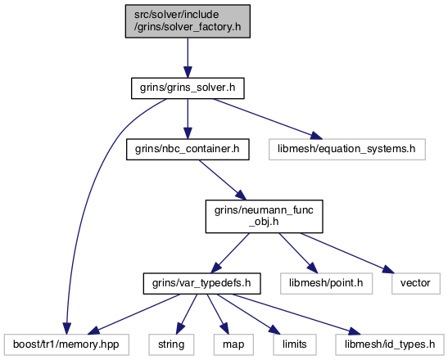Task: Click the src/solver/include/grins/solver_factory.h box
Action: pyautogui.click(x=188, y=21)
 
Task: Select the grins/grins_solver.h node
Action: pyautogui.click(x=188, y=88)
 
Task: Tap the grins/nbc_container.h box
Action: pyautogui.click(x=188, y=149)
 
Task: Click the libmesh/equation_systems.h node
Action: pyautogui.click(x=347, y=149)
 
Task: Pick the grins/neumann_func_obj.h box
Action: pyautogui.click(x=264, y=216)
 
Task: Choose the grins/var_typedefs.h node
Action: pyautogui.click(x=201, y=283)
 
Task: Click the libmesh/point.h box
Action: pyautogui.click(x=326, y=283)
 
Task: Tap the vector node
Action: pyautogui.click(x=416, y=283)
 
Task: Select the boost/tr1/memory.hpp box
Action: pyautogui.click(x=66, y=345)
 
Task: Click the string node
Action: pyautogui.click(x=171, y=345)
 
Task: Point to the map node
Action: pyautogui.click(x=233, y=345)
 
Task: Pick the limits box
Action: pyautogui.click(x=295, y=345)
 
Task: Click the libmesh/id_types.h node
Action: pyautogui.click(x=390, y=345)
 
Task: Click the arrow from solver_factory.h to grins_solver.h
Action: pyautogui.click(x=188, y=57)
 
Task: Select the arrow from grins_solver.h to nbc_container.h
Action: pyautogui.click(x=188, y=119)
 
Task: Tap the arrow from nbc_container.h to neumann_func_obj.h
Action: pyautogui.click(x=222, y=180)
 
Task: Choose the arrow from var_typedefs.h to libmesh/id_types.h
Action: pyautogui.click(x=296, y=314)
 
